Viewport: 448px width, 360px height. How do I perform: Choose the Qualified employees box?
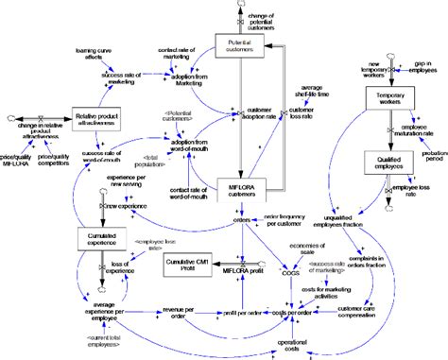click(388, 163)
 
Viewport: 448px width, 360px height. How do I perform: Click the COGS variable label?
click(287, 272)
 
